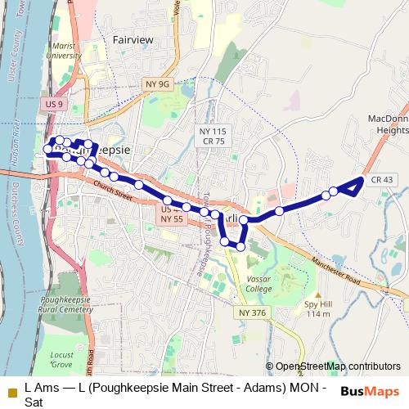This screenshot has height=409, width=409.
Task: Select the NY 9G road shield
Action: pos(156,83)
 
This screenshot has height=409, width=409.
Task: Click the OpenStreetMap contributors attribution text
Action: pos(333,366)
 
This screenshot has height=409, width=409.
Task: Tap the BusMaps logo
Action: pos(370,391)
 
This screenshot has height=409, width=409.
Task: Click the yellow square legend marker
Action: pos(11,392)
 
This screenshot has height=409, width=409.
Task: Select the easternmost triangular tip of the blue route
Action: pos(362,178)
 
